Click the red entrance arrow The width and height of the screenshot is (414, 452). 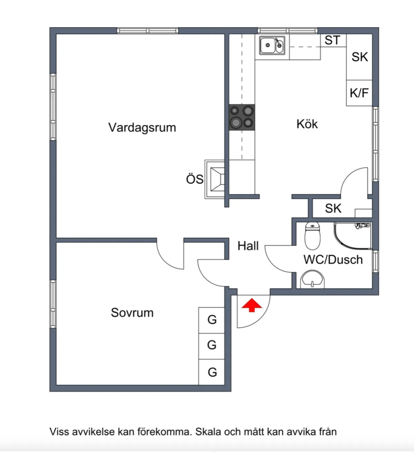[252, 305]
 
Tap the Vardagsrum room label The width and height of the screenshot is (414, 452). [142, 127]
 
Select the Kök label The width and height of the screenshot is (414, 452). [307, 124]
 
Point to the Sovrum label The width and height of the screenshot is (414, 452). [132, 312]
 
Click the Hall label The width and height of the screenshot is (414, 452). [248, 246]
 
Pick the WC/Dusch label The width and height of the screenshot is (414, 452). [333, 259]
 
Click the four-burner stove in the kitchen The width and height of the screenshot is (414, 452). [242, 117]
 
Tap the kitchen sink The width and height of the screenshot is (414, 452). [272, 45]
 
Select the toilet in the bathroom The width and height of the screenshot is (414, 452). [313, 236]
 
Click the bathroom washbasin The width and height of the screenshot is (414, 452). [312, 279]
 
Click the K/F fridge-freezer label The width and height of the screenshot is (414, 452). [359, 93]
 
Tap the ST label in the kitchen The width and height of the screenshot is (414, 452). [332, 40]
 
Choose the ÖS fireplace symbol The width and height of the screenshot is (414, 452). [215, 179]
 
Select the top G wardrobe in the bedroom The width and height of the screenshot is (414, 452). [212, 320]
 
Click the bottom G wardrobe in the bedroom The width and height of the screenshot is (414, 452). [212, 372]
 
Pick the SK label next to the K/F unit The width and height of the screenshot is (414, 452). [359, 57]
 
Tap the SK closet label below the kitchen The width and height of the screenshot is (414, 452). [333, 208]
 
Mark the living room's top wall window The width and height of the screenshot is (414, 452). [148, 31]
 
